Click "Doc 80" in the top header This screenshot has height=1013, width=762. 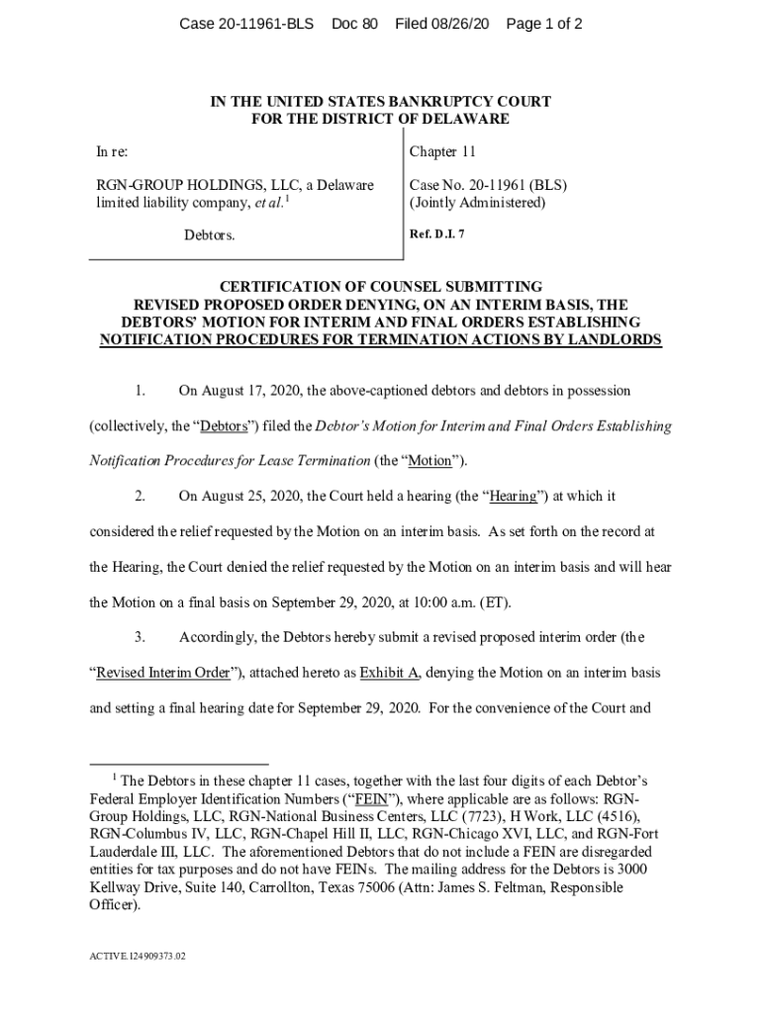tap(355, 24)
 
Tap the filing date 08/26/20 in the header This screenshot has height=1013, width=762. tap(458, 24)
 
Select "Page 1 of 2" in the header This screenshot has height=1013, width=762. tap(543, 24)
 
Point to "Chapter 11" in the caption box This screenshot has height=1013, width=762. tap(442, 152)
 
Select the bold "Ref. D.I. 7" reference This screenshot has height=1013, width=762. tap(435, 234)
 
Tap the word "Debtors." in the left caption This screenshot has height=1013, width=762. tap(210, 235)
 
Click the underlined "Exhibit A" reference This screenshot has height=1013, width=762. tap(389, 673)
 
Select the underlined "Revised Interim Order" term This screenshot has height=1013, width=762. tap(162, 673)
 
